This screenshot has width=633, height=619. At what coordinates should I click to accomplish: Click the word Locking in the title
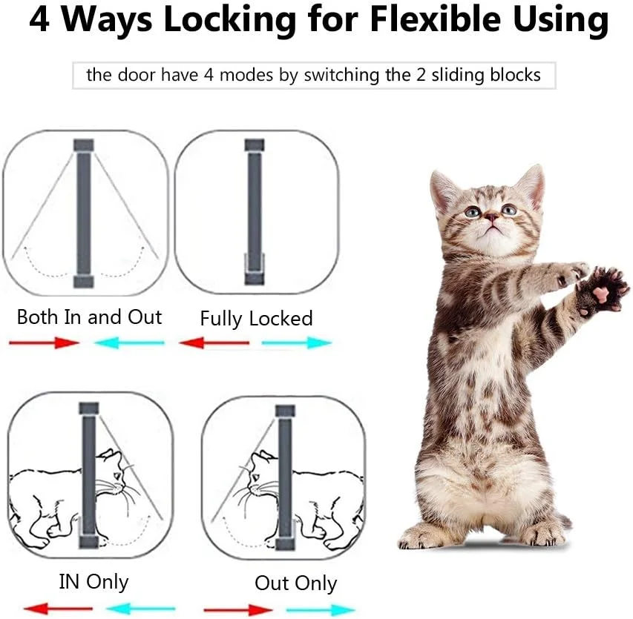pyautogui.click(x=229, y=20)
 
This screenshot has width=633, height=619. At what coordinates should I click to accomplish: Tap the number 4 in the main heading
pyautogui.click(x=39, y=19)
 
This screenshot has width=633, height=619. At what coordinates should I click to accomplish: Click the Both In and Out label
pyautogui.click(x=89, y=317)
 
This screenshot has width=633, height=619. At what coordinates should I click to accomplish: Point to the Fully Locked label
pyautogui.click(x=256, y=319)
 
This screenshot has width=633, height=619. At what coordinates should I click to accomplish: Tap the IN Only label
pyautogui.click(x=94, y=582)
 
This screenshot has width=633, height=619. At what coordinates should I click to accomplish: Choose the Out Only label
pyautogui.click(x=296, y=583)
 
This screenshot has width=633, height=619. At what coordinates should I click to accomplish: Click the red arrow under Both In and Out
pyautogui.click(x=44, y=343)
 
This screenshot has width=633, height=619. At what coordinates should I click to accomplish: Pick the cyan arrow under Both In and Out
pyautogui.click(x=129, y=343)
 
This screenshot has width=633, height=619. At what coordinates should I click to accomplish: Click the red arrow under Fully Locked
pyautogui.click(x=214, y=343)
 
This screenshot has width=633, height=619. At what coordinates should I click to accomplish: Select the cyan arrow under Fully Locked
pyautogui.click(x=297, y=343)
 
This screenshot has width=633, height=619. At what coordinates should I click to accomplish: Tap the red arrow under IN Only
pyautogui.click(x=58, y=609)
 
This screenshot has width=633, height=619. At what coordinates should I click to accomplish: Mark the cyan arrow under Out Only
pyautogui.click(x=321, y=609)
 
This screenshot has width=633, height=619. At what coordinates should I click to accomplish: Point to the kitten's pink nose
pyautogui.click(x=491, y=217)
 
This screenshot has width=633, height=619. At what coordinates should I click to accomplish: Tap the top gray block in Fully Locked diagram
pyautogui.click(x=255, y=145)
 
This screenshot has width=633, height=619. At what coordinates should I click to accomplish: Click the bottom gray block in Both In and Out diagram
pyautogui.click(x=84, y=282)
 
